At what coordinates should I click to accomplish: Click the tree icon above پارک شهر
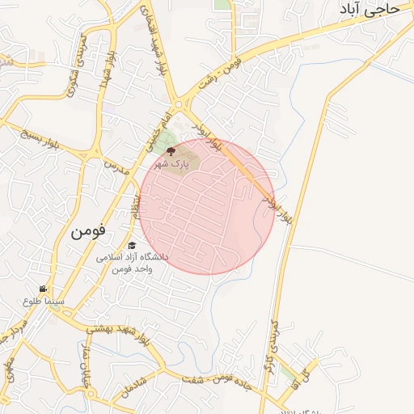coord(170,150)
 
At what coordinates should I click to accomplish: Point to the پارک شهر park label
coord(172,163)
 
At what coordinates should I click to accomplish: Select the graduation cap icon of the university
coord(132,245)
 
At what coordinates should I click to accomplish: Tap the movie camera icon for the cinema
coord(43,289)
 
